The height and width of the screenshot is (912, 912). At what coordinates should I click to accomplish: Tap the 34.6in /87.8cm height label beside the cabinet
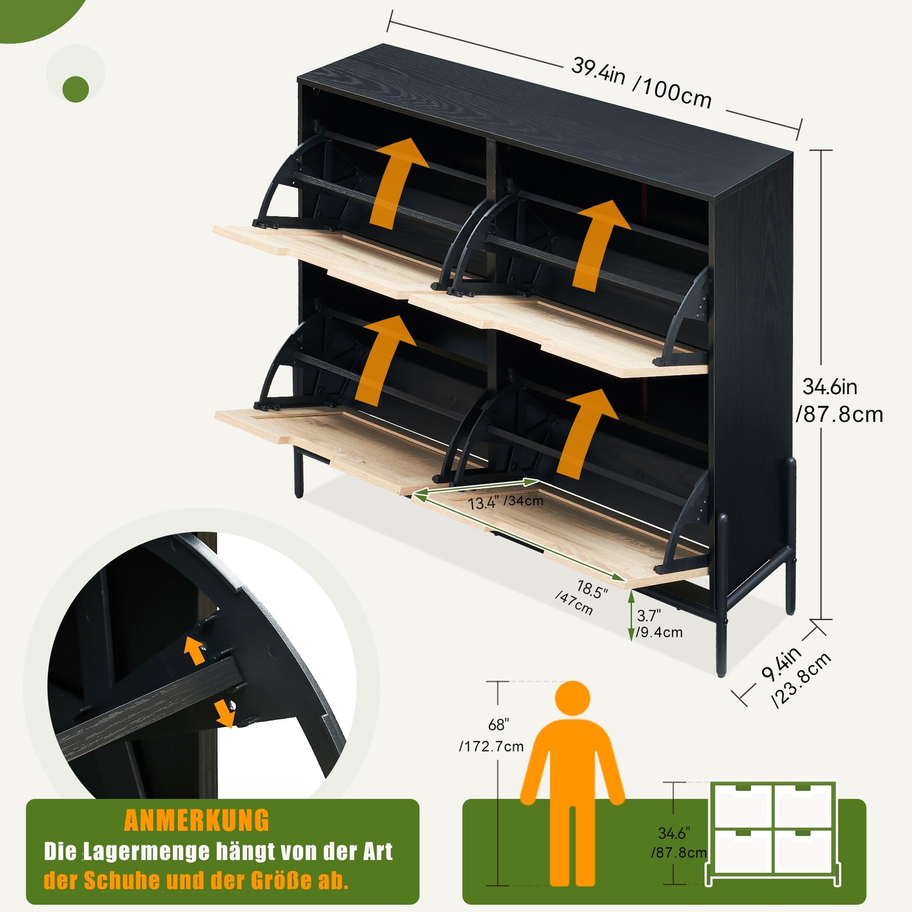click(x=839, y=401)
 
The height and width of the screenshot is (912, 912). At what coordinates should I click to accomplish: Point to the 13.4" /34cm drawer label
click(x=505, y=501)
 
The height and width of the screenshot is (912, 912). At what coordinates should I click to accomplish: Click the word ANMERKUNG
click(x=196, y=821)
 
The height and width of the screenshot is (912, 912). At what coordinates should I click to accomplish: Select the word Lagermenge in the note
click(x=146, y=852)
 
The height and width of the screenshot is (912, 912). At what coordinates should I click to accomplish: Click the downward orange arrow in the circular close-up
click(x=223, y=713)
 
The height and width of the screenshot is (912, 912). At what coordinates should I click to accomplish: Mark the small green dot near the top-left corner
click(x=75, y=89)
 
